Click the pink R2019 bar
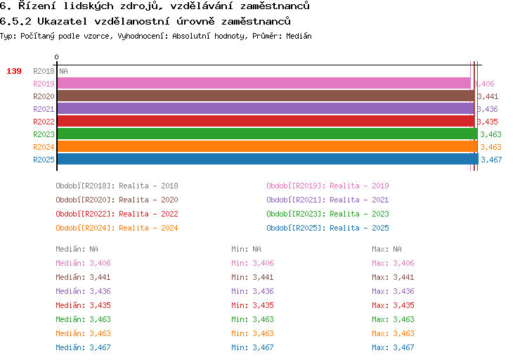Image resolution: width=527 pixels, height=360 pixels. coord(263,84)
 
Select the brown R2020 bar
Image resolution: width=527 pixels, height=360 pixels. coord(266,96)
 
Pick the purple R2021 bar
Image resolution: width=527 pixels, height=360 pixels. coord(266,109)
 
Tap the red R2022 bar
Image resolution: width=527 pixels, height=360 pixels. coord(266,122)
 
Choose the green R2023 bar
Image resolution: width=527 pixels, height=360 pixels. coord(267,134)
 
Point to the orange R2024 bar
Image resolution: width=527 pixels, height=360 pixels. coord(267,147)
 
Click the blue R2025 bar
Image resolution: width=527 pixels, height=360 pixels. coord(268,159)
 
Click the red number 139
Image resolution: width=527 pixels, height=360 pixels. coord(14,71)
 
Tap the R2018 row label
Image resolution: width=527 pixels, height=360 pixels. coord(44,71)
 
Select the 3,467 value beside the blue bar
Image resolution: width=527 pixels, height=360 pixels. coord(491,160)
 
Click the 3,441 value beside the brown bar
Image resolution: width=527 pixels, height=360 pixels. coord(488,96)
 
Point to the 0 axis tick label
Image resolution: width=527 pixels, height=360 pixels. coord(56,57)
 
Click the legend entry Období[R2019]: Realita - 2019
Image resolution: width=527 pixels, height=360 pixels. coord(327,186)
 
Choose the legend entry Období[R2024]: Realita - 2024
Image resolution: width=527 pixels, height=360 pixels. coord(117,228)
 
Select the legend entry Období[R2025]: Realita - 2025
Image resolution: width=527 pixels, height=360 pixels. coord(327,228)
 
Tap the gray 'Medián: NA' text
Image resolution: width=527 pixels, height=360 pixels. coord(77,249)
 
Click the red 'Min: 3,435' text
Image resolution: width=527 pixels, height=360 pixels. coord(252,305)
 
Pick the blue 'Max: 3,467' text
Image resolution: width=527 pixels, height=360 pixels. coord(393,347)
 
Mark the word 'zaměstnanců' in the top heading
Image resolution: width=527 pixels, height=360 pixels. coord(275,6)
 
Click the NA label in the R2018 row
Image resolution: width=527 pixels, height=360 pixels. coord(63,71)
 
